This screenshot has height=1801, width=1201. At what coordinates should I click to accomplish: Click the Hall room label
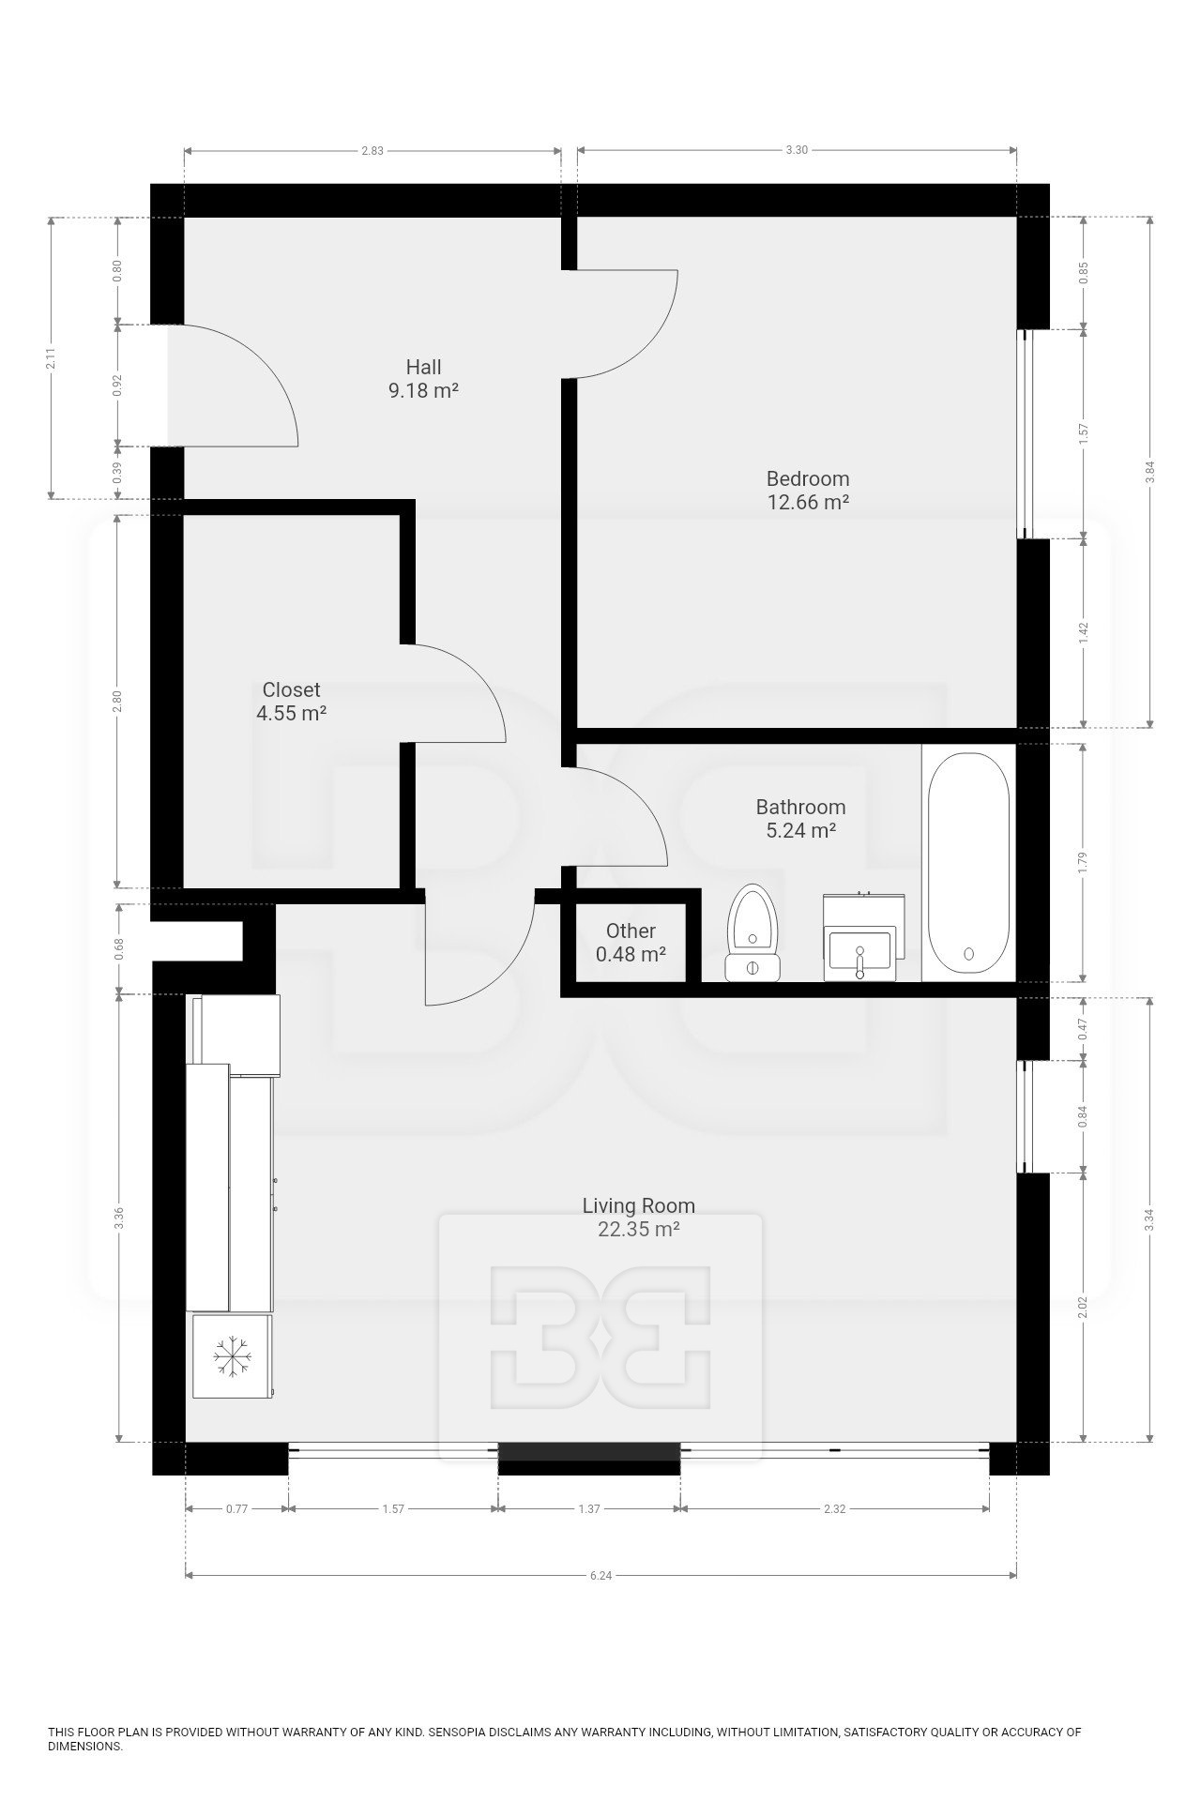pos(423,379)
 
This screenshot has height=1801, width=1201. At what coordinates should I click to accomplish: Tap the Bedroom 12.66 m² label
pos(808,490)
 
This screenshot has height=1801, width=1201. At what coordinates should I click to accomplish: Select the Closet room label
pos(291,701)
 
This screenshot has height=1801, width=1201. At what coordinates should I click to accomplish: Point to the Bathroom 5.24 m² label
pos(800,818)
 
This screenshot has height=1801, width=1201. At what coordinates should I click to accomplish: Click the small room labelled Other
pos(631,943)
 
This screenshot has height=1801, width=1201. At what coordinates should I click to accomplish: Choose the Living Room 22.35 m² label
pos(638,1218)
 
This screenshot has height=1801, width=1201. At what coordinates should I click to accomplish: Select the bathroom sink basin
pos(859,947)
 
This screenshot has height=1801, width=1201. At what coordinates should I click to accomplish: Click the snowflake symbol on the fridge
pos(232,1357)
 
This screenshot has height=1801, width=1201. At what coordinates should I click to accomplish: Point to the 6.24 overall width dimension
pos(600,1576)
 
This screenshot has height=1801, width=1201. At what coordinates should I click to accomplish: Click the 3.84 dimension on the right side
pos(1149,473)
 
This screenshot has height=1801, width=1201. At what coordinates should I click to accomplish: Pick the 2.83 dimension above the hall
pos(372,150)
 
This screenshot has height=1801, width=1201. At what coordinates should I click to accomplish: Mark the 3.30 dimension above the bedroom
pos(796,150)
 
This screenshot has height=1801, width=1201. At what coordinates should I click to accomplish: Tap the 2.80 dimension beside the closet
pos(117,701)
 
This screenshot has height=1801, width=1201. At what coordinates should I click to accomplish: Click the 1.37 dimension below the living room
pos(588,1509)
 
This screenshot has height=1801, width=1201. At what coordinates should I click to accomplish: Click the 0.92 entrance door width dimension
pos(117,386)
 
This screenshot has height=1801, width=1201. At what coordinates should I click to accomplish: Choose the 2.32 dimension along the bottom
pos(834,1509)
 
